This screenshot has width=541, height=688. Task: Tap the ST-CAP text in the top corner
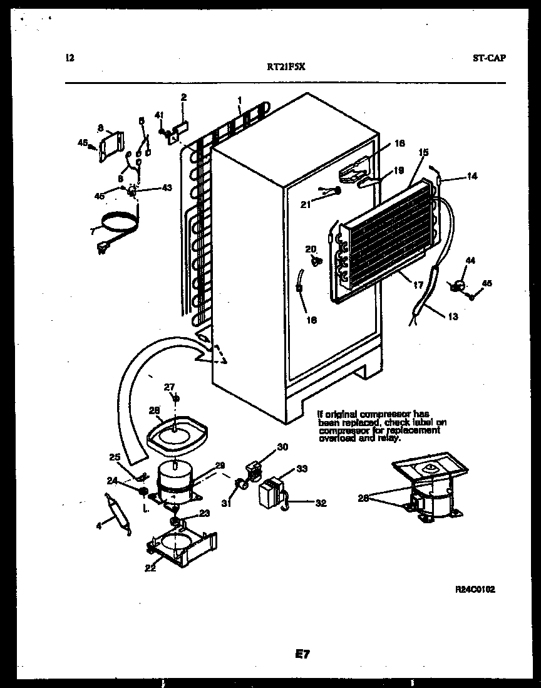[x=489, y=58]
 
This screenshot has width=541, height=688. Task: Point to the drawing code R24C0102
[x=475, y=590]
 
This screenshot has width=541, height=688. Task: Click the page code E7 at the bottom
[x=302, y=654]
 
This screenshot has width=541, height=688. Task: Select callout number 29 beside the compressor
[x=220, y=464]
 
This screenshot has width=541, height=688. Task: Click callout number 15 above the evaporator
[x=423, y=152]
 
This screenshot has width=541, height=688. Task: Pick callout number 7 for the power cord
[x=93, y=231]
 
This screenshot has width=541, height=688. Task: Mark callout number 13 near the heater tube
[x=453, y=317]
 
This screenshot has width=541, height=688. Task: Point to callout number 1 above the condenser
[x=239, y=100]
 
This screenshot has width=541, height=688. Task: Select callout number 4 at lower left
[x=99, y=526]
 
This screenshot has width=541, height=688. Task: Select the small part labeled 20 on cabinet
[x=316, y=261]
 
